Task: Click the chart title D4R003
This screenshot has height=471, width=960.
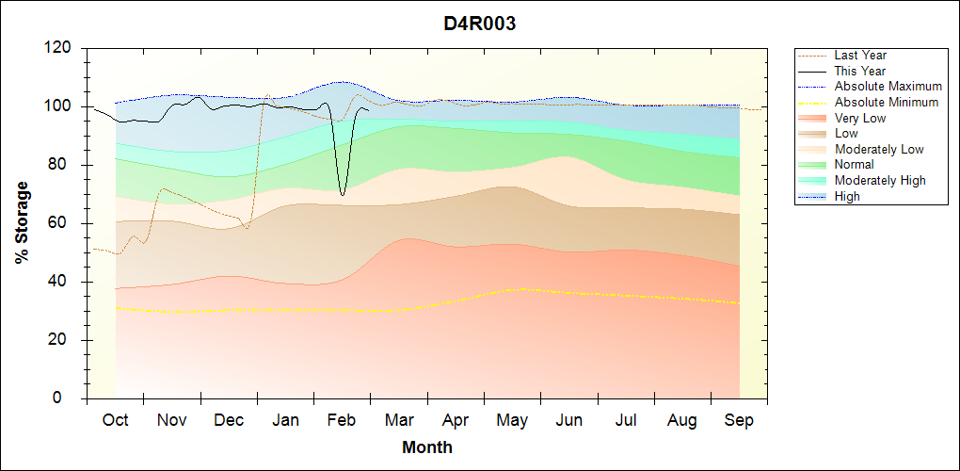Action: point(480,24)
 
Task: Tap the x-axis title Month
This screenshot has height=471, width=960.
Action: point(427,447)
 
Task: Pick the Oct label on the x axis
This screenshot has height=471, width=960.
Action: point(115,420)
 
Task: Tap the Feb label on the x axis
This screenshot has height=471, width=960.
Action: point(342,420)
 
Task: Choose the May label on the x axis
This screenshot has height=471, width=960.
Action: point(512,420)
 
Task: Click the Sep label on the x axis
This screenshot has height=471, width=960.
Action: point(739,420)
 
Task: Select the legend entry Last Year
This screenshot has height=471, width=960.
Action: point(860,56)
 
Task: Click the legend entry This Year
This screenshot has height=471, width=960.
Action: point(860,71)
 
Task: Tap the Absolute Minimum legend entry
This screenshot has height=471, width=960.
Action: point(887,102)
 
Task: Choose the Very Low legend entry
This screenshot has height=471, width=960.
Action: point(860,118)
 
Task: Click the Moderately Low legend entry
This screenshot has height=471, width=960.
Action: point(879,149)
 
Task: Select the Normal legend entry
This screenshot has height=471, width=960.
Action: point(854,165)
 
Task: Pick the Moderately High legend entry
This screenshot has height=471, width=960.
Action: point(880,180)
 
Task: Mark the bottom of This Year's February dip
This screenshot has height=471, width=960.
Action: point(343,195)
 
